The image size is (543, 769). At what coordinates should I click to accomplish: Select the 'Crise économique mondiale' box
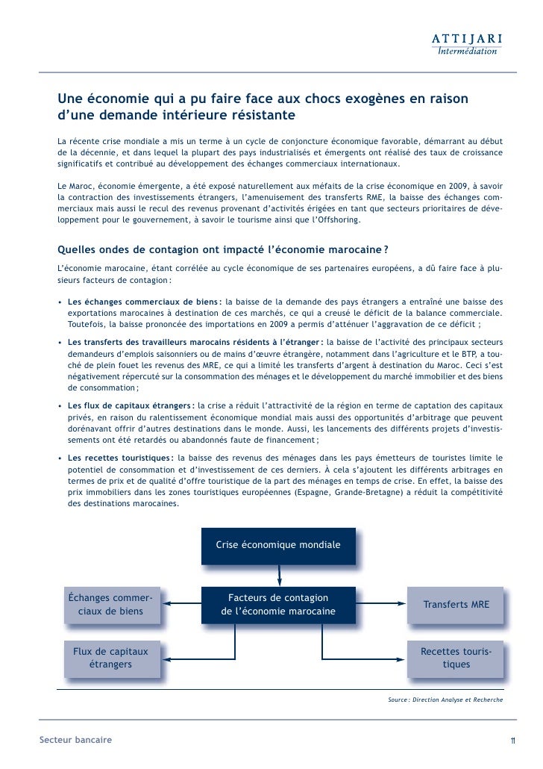coord(278,545)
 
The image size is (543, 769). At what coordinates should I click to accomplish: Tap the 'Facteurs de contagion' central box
coord(278,605)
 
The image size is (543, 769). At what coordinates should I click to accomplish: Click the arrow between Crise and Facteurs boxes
coord(280,574)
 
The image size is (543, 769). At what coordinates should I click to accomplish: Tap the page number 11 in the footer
coord(513,741)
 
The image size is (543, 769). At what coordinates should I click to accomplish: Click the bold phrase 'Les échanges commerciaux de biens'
coord(143,302)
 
